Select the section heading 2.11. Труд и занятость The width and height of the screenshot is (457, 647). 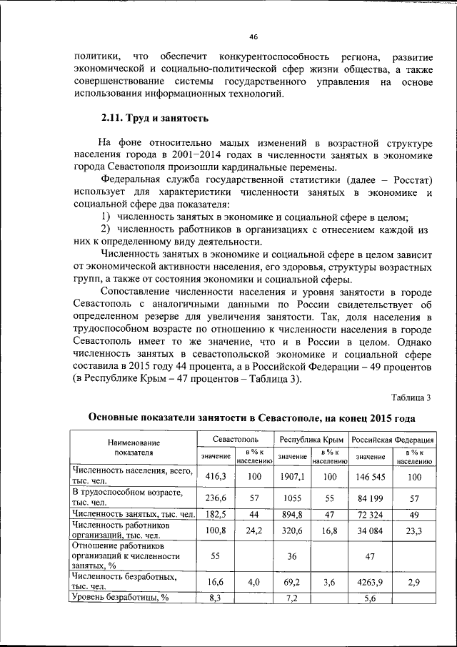tap(153, 118)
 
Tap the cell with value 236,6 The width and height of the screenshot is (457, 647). tap(216, 498)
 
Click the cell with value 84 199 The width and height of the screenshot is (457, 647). tap(371, 498)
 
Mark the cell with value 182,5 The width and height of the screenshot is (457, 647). tap(216, 515)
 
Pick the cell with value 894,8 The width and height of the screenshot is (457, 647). tap(291, 515)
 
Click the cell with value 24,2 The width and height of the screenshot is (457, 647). tap(255, 532)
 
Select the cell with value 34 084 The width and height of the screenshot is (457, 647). tap(371, 532)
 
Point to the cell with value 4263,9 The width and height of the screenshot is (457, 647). tap(371, 583)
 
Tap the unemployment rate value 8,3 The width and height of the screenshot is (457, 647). tap(216, 598)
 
